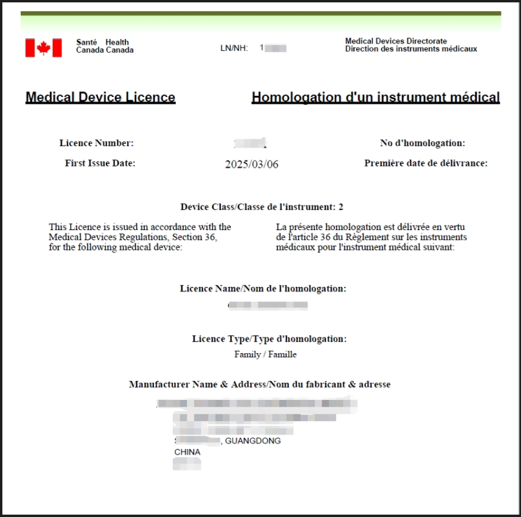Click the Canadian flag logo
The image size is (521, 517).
pos(43,48)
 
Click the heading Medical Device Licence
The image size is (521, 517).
pos(100,97)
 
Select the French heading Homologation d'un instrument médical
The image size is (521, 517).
pos(375,97)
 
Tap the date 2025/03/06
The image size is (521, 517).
pos(252,164)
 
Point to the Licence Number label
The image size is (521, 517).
pos(97,143)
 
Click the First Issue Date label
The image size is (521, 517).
pos(100,163)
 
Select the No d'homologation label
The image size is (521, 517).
pos(422,143)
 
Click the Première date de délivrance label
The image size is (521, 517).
pos(426,163)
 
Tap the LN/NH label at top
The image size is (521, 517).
pos(234,48)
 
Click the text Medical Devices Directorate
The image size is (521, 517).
pos(396,41)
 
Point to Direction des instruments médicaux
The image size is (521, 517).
pos(411,49)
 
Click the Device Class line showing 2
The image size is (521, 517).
pos(262,207)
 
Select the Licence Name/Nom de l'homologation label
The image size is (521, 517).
pos(263,289)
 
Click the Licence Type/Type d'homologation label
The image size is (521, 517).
pos(269,339)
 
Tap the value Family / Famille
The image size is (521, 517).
pos(265,354)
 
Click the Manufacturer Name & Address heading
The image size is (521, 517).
pos(259,384)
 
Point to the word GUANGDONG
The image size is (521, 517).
pos(253,441)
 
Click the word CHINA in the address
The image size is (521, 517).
pos(187,452)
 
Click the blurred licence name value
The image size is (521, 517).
pos(268,305)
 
